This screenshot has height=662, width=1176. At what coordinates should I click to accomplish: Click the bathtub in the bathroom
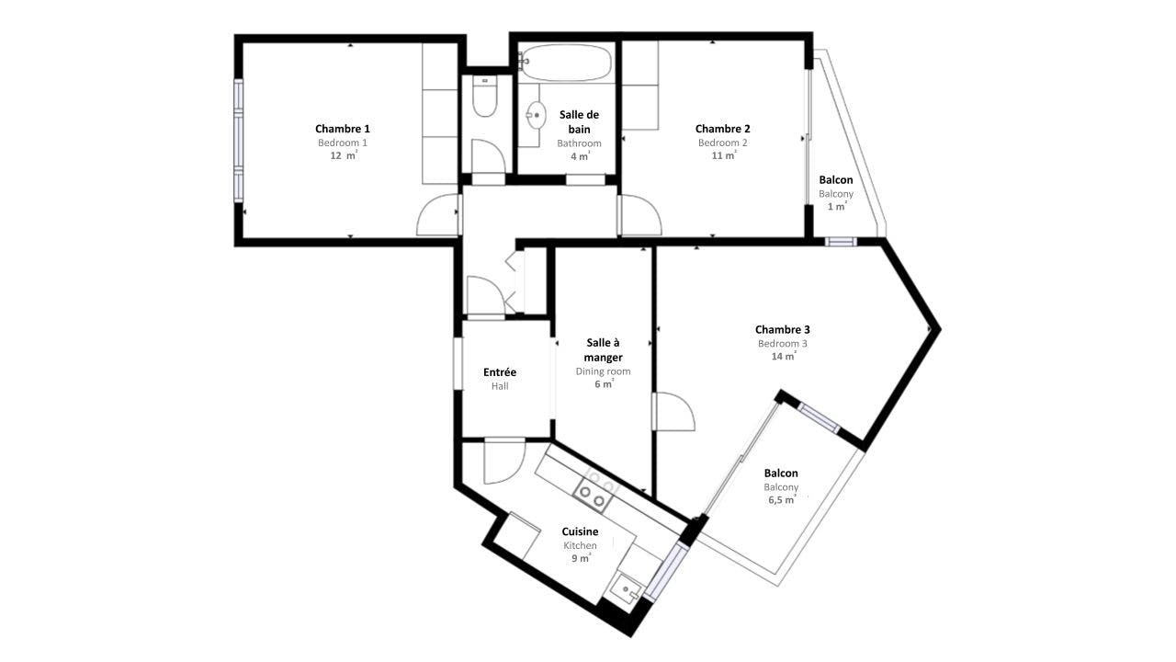coord(566,63)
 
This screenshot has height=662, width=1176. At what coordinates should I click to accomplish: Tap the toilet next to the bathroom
coord(484,97)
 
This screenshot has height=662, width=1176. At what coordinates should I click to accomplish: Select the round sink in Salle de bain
coord(536,115)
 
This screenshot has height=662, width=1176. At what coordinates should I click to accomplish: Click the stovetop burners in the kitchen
coord(594,496)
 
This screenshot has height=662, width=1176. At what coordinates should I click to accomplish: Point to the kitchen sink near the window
coord(626,592)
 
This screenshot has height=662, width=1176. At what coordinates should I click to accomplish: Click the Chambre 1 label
coord(343,129)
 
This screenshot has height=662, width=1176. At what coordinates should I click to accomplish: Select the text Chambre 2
coord(722,129)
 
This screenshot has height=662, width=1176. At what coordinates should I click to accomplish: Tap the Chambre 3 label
coord(782,329)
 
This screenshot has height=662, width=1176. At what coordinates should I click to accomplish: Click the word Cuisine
coord(580,531)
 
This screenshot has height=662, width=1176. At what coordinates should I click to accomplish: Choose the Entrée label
coord(500,372)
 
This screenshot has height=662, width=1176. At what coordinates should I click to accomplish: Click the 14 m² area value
coord(784,356)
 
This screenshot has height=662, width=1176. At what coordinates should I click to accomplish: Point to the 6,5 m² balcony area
coord(782,499)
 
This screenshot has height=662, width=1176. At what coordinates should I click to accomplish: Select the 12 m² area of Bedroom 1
coord(344,155)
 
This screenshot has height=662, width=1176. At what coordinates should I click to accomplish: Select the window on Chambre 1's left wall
coord(238,141)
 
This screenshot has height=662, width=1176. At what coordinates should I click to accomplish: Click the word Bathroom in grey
coord(579,143)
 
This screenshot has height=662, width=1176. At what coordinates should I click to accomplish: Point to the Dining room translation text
coord(604,371)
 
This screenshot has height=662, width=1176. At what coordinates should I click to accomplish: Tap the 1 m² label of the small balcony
coord(837,207)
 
